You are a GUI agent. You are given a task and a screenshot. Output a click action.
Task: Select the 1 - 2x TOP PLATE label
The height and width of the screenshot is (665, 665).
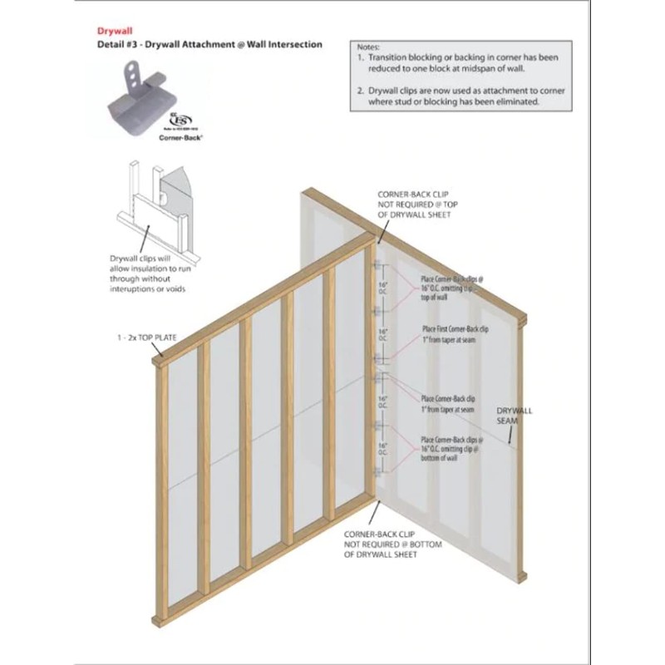point(147,339)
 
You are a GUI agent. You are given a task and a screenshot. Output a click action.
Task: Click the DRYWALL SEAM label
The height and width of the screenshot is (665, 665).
point(515,416)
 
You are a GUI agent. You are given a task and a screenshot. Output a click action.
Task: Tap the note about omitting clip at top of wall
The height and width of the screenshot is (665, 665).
point(452,288)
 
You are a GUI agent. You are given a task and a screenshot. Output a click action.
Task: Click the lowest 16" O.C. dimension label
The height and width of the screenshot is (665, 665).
point(383,450)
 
